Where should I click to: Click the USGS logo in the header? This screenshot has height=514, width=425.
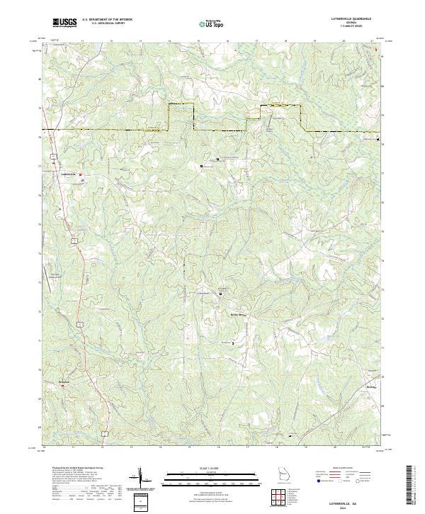point(64,23)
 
